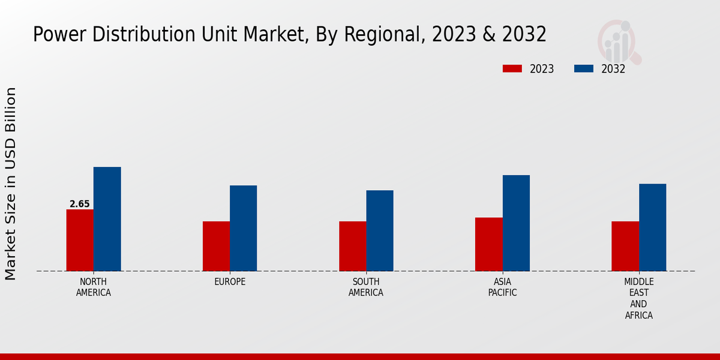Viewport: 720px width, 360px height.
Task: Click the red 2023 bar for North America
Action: click(x=80, y=240)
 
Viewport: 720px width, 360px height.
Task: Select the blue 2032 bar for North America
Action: click(x=107, y=219)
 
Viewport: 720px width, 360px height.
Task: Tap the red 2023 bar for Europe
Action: click(x=216, y=246)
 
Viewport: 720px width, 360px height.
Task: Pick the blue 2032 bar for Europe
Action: click(x=243, y=228)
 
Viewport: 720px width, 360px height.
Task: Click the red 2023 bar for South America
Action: click(x=352, y=246)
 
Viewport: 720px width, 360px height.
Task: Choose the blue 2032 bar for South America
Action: click(x=380, y=230)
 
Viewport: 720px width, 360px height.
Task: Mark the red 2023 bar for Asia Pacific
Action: click(x=488, y=244)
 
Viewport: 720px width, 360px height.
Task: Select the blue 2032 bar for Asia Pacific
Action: click(x=516, y=223)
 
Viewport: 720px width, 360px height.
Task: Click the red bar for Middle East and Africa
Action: click(x=625, y=246)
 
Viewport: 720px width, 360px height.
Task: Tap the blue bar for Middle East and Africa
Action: click(x=652, y=227)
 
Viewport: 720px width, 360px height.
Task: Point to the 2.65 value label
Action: click(x=80, y=204)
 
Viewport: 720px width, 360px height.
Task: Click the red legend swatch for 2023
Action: click(x=512, y=68)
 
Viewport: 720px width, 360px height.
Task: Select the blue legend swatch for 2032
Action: click(x=583, y=68)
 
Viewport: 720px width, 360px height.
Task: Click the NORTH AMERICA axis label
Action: click(x=94, y=287)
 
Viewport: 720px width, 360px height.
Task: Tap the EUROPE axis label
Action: click(x=230, y=282)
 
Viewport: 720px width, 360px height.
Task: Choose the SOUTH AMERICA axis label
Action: click(x=366, y=287)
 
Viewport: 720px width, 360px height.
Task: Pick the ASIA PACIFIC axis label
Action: click(x=502, y=287)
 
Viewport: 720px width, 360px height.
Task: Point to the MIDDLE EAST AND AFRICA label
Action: click(x=639, y=298)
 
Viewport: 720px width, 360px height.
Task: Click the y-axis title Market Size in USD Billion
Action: click(x=11, y=183)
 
